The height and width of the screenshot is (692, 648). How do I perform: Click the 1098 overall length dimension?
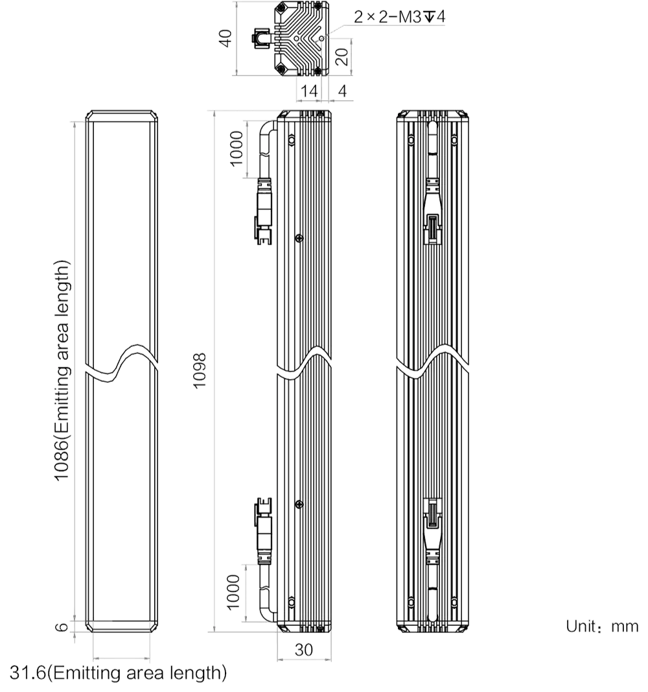pos(200,370)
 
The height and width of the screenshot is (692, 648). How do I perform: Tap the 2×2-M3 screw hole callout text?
pos(399,17)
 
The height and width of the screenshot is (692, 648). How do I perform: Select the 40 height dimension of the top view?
pos(226,38)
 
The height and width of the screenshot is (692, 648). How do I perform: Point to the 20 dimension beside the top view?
pos(341,56)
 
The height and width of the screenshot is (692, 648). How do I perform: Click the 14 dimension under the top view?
pos(308,91)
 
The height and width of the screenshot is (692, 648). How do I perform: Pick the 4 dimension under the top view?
pos(343,91)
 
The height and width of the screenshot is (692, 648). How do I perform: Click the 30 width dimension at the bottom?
pos(304,650)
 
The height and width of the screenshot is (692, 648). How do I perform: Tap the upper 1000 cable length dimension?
pos(237,149)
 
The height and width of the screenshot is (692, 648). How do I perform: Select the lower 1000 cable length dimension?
pos(233,592)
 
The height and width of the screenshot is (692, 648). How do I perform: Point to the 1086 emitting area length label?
pos(62,370)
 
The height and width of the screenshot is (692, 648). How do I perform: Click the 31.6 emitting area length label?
pos(118,673)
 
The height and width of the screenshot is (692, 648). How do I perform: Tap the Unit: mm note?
pos(602,626)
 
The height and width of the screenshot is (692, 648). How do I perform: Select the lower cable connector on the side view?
pos(263,531)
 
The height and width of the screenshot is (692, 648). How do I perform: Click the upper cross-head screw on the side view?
pos(299,238)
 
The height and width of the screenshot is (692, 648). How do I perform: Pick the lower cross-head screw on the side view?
pos(299,504)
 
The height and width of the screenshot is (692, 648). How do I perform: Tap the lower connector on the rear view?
pos(432,531)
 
